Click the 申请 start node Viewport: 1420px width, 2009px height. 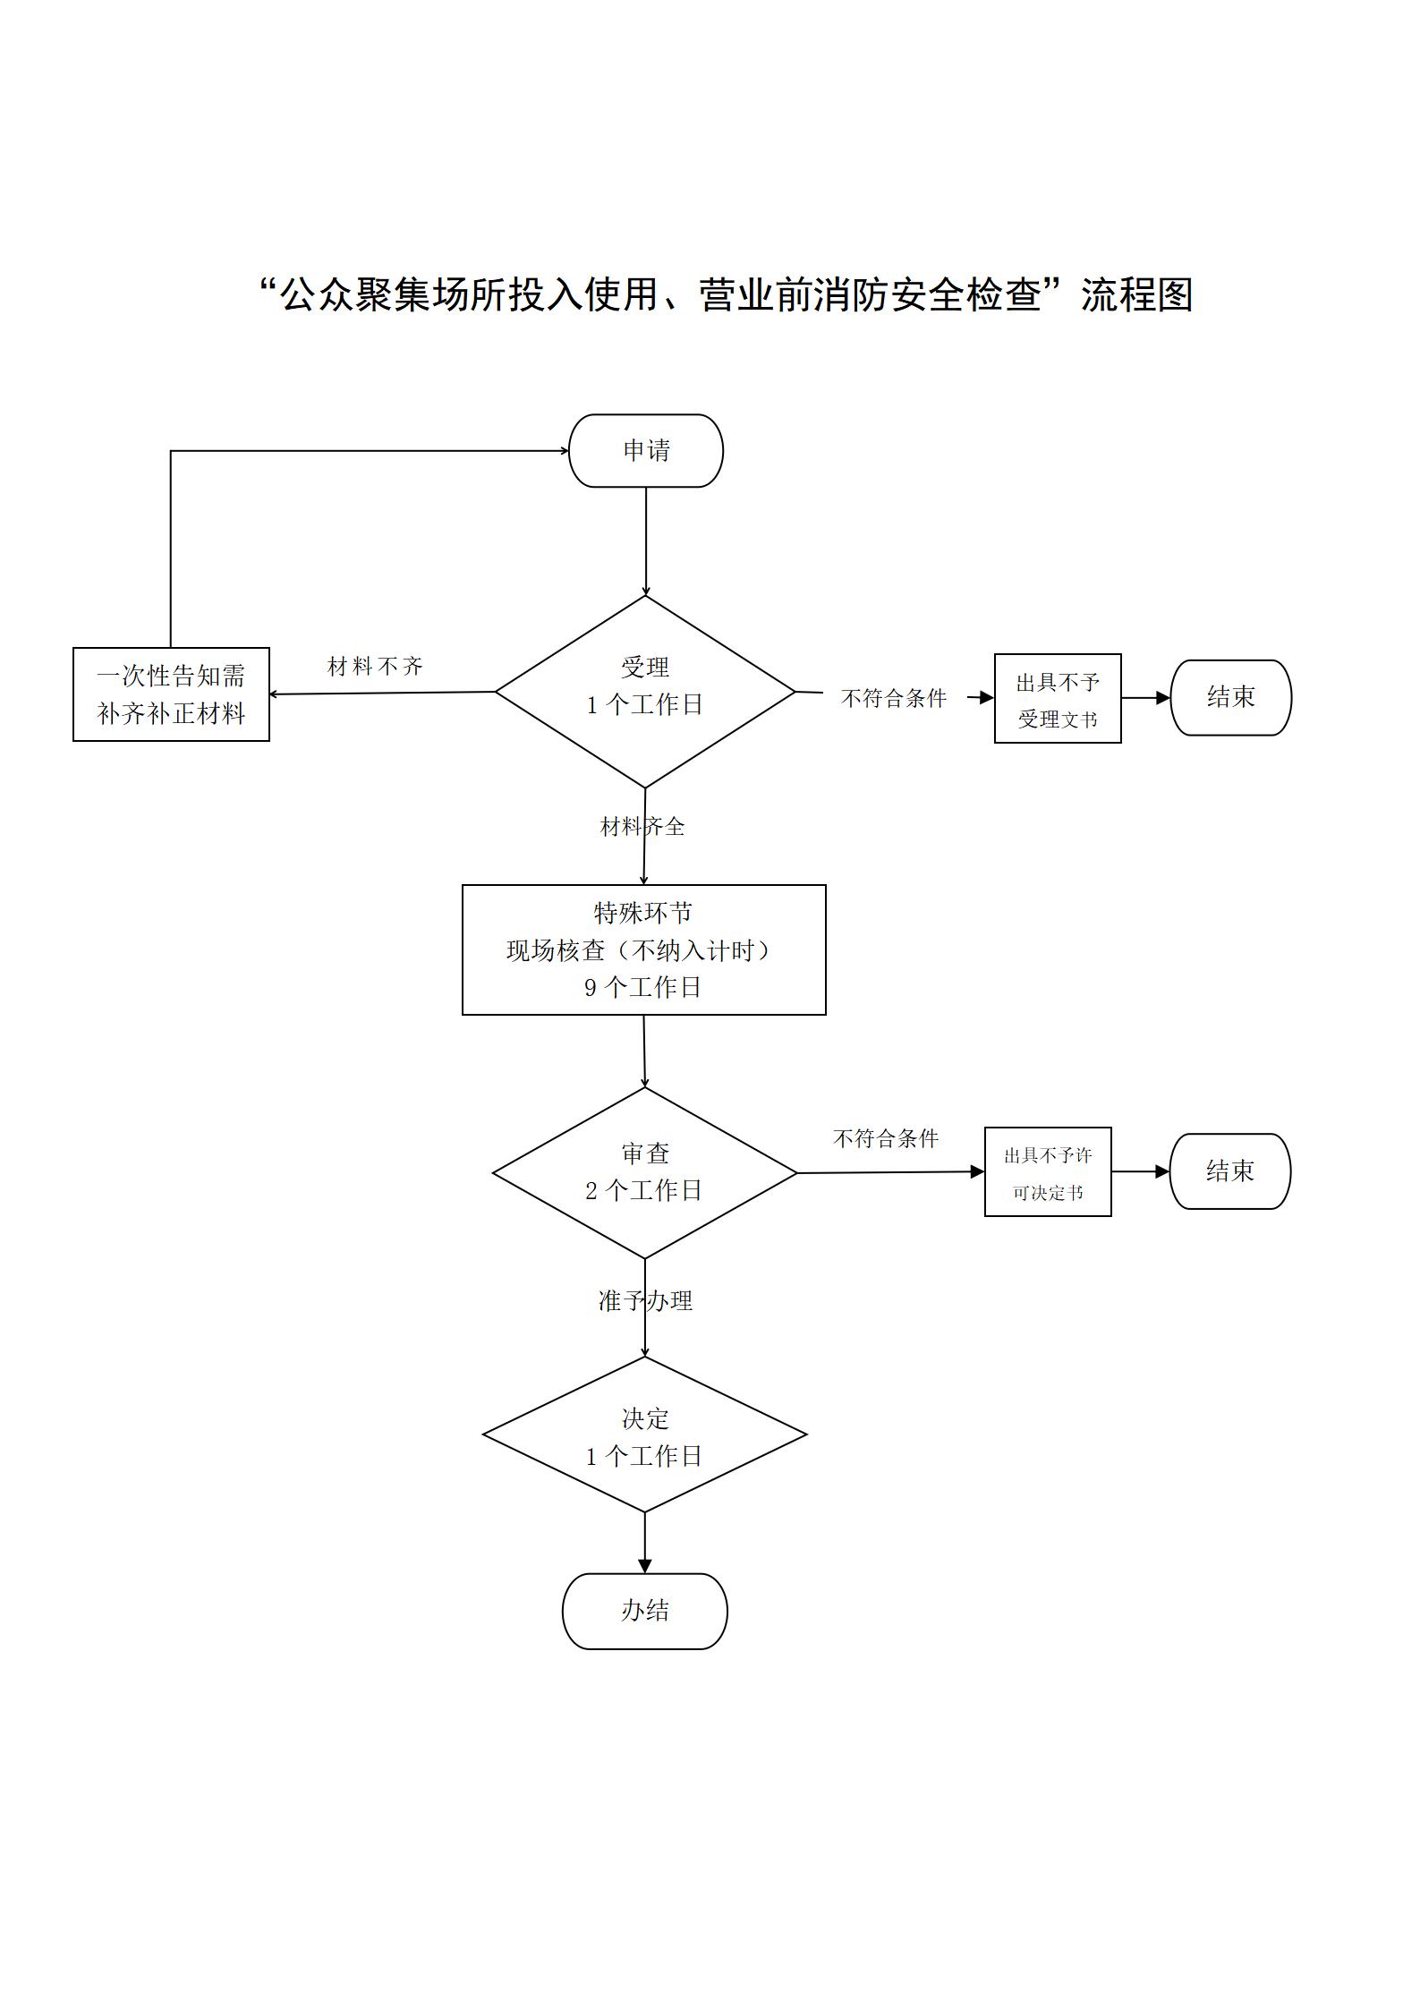click(x=646, y=450)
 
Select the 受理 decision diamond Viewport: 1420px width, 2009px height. click(x=645, y=692)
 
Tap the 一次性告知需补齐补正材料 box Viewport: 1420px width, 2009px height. click(x=171, y=694)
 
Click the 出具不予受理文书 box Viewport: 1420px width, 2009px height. click(x=1058, y=698)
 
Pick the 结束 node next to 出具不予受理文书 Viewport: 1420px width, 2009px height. click(x=1231, y=698)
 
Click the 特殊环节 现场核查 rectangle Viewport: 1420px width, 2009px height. click(x=644, y=949)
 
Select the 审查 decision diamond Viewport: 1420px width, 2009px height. click(x=645, y=1172)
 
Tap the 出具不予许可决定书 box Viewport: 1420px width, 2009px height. click(x=1048, y=1171)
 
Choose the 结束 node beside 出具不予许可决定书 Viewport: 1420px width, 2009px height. click(x=1230, y=1171)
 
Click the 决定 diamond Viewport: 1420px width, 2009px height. click(x=645, y=1434)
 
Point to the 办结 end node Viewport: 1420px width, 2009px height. click(x=645, y=1611)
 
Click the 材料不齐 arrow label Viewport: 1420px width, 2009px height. click(x=375, y=667)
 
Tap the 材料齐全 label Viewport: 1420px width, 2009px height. click(x=642, y=826)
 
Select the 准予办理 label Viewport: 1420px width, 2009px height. click(x=645, y=1301)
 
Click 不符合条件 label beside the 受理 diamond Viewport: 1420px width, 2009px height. click(x=894, y=698)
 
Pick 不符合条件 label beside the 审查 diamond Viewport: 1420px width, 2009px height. click(x=886, y=1138)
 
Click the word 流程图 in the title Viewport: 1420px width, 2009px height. click(x=1137, y=294)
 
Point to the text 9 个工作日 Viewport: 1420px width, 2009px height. click(x=643, y=987)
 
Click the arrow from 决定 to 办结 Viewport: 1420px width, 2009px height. click(x=645, y=1543)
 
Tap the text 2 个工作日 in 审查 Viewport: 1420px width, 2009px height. click(x=644, y=1190)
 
